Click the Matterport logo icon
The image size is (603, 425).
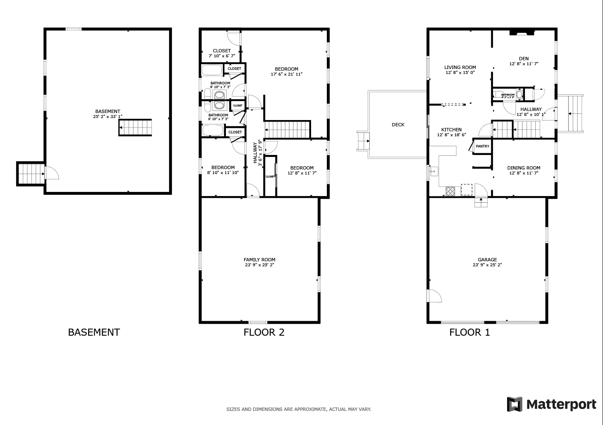(x=514, y=404)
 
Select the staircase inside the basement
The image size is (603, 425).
(x=135, y=128)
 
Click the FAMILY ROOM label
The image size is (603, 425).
(x=259, y=262)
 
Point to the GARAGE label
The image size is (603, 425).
(x=487, y=262)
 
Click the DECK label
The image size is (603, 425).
(x=398, y=125)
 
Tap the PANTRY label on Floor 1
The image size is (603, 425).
(x=482, y=146)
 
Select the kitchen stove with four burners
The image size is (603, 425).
(x=451, y=191)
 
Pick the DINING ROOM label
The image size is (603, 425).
(x=523, y=170)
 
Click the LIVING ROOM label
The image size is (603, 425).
(x=460, y=70)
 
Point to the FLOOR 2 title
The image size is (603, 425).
(x=264, y=332)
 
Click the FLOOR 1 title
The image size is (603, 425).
(x=469, y=332)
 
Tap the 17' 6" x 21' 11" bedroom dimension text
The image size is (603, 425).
(x=287, y=74)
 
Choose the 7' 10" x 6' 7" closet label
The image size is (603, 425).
(x=222, y=53)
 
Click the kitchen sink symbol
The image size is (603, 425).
(x=434, y=171)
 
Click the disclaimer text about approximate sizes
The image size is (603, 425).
(x=299, y=409)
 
